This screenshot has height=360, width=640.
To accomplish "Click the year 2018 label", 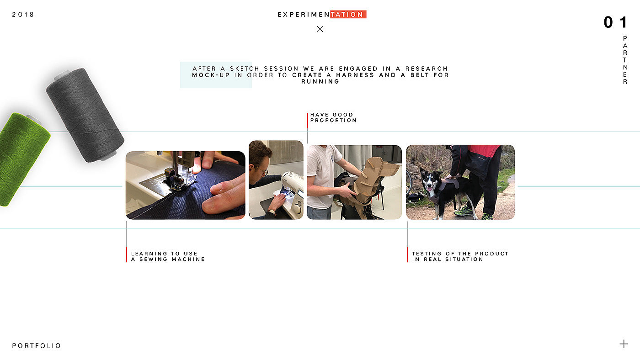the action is [x=23, y=15].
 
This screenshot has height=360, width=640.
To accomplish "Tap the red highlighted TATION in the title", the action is [x=348, y=14].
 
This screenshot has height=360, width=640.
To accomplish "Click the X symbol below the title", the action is [x=320, y=29].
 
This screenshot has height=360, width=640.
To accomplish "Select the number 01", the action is [x=615, y=22].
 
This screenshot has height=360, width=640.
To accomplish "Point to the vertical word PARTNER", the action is [x=625, y=60].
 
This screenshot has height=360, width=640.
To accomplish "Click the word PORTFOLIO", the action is [x=36, y=346].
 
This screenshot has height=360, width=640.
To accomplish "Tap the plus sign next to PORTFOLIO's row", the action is [x=624, y=344].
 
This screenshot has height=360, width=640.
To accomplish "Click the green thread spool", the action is [x=21, y=159].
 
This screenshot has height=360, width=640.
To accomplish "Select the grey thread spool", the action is [x=85, y=115].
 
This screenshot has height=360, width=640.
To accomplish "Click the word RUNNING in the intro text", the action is [x=320, y=82].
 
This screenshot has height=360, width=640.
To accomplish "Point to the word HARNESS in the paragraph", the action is [x=355, y=75].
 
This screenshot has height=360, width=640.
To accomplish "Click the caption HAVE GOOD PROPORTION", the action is [x=333, y=117].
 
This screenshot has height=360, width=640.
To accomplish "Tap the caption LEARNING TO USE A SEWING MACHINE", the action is [x=168, y=256].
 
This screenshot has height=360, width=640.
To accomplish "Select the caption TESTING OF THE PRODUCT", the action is [x=460, y=254].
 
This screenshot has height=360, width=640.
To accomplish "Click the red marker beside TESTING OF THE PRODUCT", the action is [x=407, y=254].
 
